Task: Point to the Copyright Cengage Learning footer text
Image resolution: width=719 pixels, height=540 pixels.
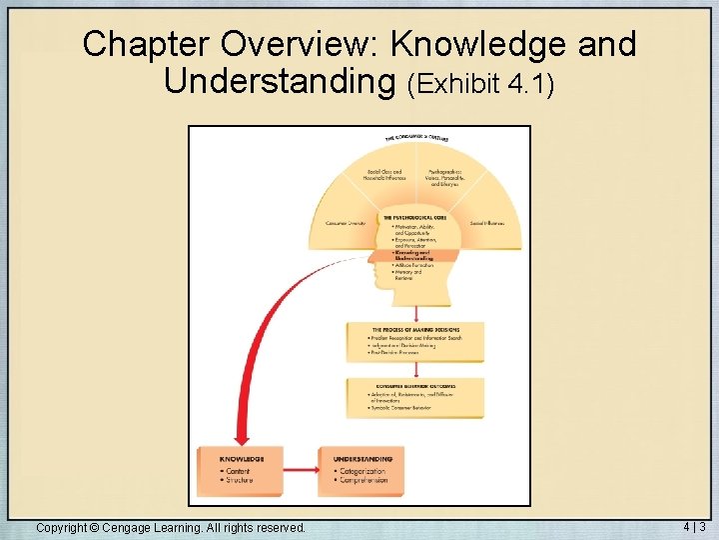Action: (x=171, y=527)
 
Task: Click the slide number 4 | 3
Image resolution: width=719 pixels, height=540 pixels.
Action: (x=694, y=526)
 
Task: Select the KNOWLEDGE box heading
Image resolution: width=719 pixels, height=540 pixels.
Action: (x=243, y=460)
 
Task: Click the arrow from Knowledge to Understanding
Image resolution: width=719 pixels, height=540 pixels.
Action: (x=300, y=468)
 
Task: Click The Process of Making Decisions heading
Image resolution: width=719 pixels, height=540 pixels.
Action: (x=415, y=329)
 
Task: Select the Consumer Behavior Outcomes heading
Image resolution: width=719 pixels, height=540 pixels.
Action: (x=415, y=386)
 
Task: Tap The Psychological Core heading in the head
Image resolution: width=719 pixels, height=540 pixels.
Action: (x=414, y=218)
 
